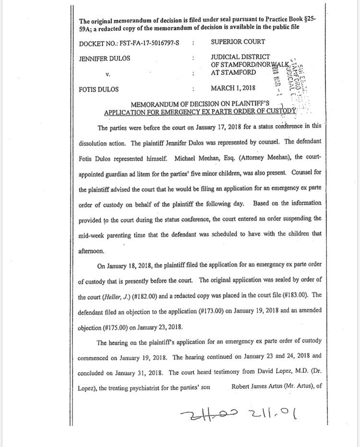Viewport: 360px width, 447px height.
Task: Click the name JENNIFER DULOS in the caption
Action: click(x=104, y=59)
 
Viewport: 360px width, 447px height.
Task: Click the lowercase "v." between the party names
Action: click(x=108, y=74)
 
